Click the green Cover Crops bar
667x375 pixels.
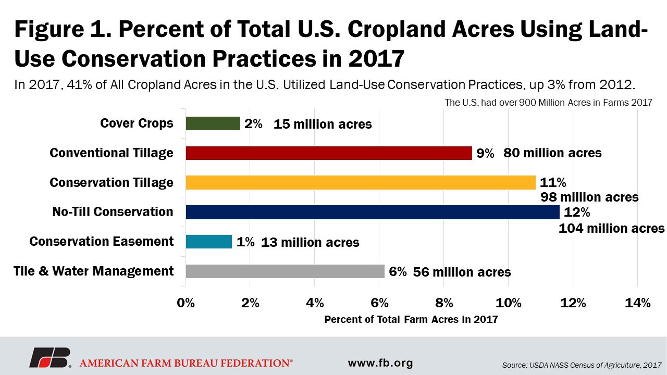[213, 123]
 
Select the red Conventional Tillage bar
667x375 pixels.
[329, 153]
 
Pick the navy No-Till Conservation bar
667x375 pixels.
[373, 212]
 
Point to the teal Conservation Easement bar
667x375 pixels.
[208, 242]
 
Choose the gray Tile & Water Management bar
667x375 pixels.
[285, 271]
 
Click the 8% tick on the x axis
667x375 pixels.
[444, 303]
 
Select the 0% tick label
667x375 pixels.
[186, 303]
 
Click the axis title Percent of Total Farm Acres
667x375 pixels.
[411, 320]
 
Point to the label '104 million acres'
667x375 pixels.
[611, 228]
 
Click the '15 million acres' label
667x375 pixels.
[323, 124]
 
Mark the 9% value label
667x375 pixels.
[485, 153]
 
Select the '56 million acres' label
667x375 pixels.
[462, 272]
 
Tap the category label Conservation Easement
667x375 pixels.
[102, 242]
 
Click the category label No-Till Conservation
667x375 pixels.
[113, 212]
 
